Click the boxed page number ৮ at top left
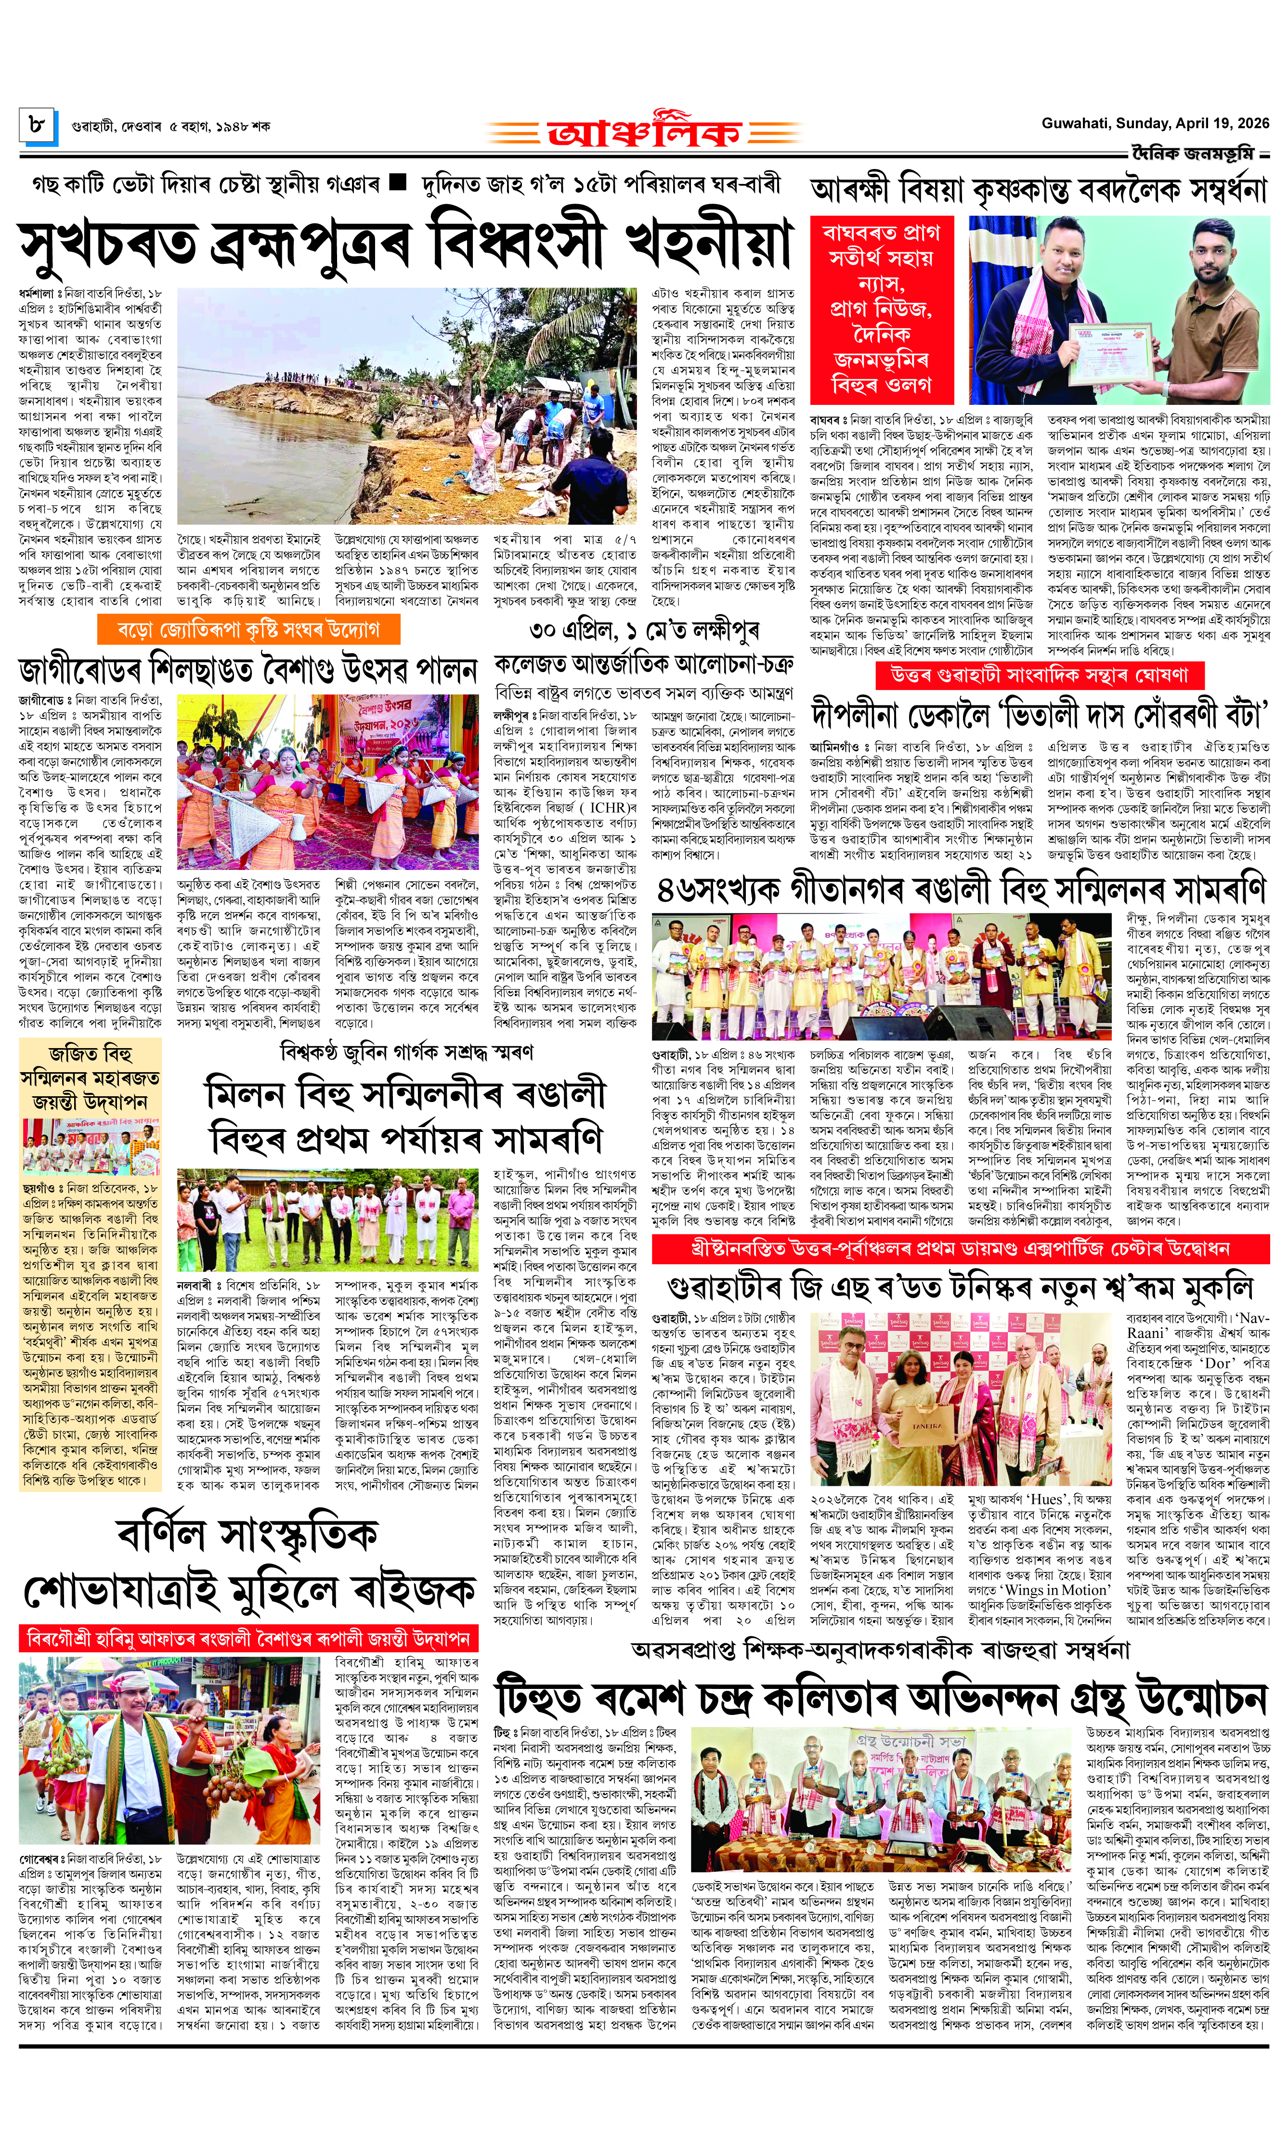(38, 126)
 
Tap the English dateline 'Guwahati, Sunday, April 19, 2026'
(1154, 123)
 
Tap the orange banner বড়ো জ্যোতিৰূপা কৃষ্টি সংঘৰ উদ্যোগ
(248, 629)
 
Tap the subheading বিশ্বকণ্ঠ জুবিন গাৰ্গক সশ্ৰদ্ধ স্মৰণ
(406, 1053)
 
